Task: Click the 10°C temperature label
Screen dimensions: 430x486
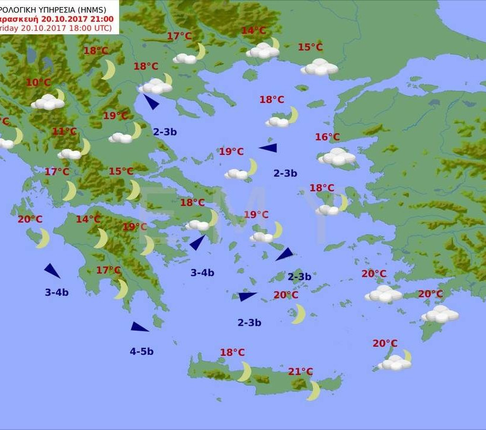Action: point(39,83)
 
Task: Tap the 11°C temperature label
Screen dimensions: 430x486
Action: point(65,131)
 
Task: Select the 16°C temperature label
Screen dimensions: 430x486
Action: point(327,137)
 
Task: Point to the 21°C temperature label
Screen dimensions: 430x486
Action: point(300,371)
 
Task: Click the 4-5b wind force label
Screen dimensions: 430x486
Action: point(142,351)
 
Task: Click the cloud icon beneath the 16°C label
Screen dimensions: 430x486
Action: point(337,157)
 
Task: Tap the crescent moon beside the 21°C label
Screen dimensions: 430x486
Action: point(314,390)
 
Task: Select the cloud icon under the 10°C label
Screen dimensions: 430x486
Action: point(47,102)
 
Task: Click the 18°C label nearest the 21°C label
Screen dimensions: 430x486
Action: point(232,353)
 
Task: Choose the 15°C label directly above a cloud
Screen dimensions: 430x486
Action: point(310,47)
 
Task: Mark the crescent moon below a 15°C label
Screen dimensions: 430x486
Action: point(133,190)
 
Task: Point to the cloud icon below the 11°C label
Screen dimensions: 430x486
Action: point(70,154)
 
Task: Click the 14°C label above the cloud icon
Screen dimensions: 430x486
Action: point(254,31)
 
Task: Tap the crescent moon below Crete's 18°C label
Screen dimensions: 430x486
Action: point(245,371)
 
